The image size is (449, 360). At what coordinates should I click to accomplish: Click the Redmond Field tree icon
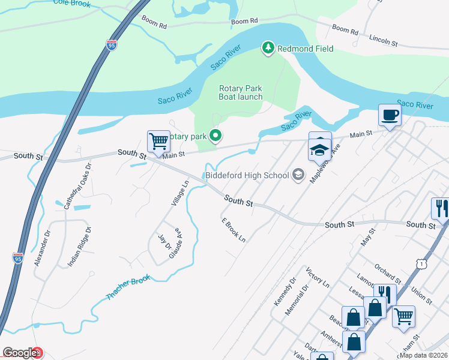coord(268,47)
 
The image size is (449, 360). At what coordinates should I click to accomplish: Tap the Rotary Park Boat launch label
coord(240,92)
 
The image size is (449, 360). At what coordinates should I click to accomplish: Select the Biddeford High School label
coord(247,175)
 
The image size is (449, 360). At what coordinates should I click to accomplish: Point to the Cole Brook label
coord(71,4)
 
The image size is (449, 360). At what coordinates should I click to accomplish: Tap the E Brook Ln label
coord(234,230)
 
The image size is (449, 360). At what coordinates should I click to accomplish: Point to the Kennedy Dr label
coord(285,292)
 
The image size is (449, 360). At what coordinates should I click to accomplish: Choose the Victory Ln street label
coord(318,277)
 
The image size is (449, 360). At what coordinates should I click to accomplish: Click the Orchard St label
coord(387,271)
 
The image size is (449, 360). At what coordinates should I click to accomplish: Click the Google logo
coord(19,353)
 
